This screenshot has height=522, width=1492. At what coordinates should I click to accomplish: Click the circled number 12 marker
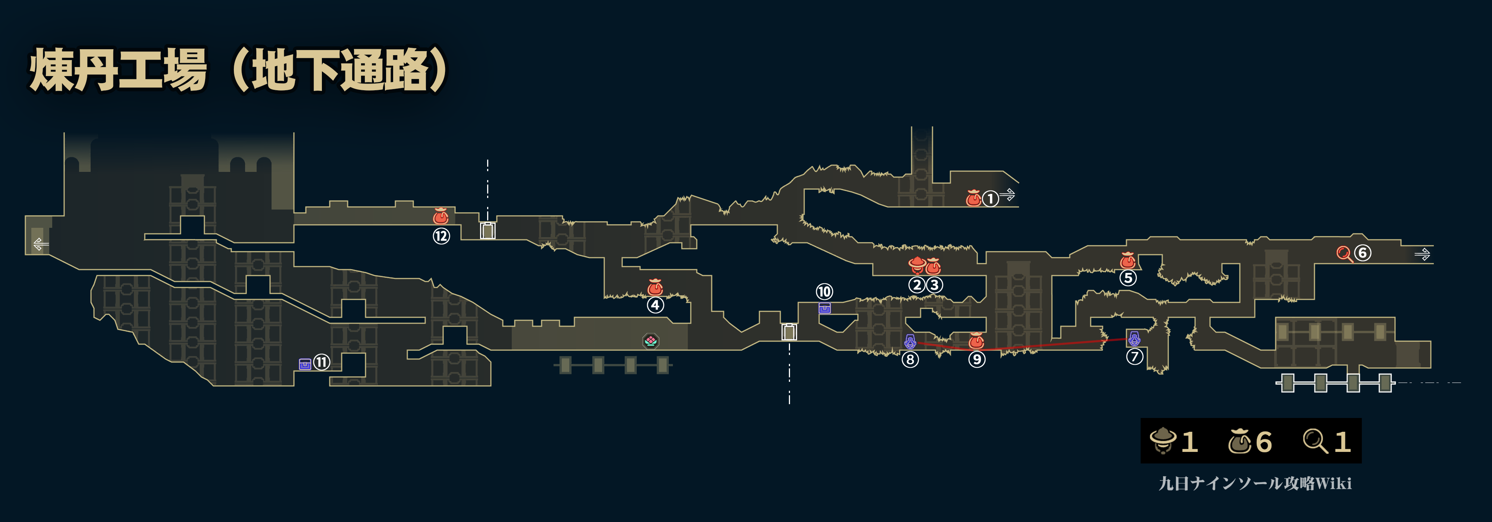[441, 236]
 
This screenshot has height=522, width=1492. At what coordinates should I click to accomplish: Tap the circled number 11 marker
[322, 362]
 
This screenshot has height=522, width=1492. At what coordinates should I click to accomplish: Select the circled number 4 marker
[655, 305]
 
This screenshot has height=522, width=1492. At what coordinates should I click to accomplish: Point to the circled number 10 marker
[824, 291]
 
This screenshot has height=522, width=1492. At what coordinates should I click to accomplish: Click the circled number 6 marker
[1362, 253]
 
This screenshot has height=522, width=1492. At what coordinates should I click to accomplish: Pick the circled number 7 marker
[1134, 356]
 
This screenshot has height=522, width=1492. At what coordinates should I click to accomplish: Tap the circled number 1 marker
[990, 198]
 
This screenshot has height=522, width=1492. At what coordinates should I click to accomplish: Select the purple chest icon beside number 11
[305, 364]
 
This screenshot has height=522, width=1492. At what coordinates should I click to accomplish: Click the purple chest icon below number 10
[825, 308]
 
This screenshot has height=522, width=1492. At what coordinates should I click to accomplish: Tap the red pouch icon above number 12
[441, 216]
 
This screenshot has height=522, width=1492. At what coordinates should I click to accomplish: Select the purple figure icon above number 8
[910, 342]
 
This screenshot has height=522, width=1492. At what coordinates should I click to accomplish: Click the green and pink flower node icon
[651, 341]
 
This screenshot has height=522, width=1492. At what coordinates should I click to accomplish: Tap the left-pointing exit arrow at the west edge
[40, 244]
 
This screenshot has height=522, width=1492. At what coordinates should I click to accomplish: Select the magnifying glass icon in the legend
[1315, 441]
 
